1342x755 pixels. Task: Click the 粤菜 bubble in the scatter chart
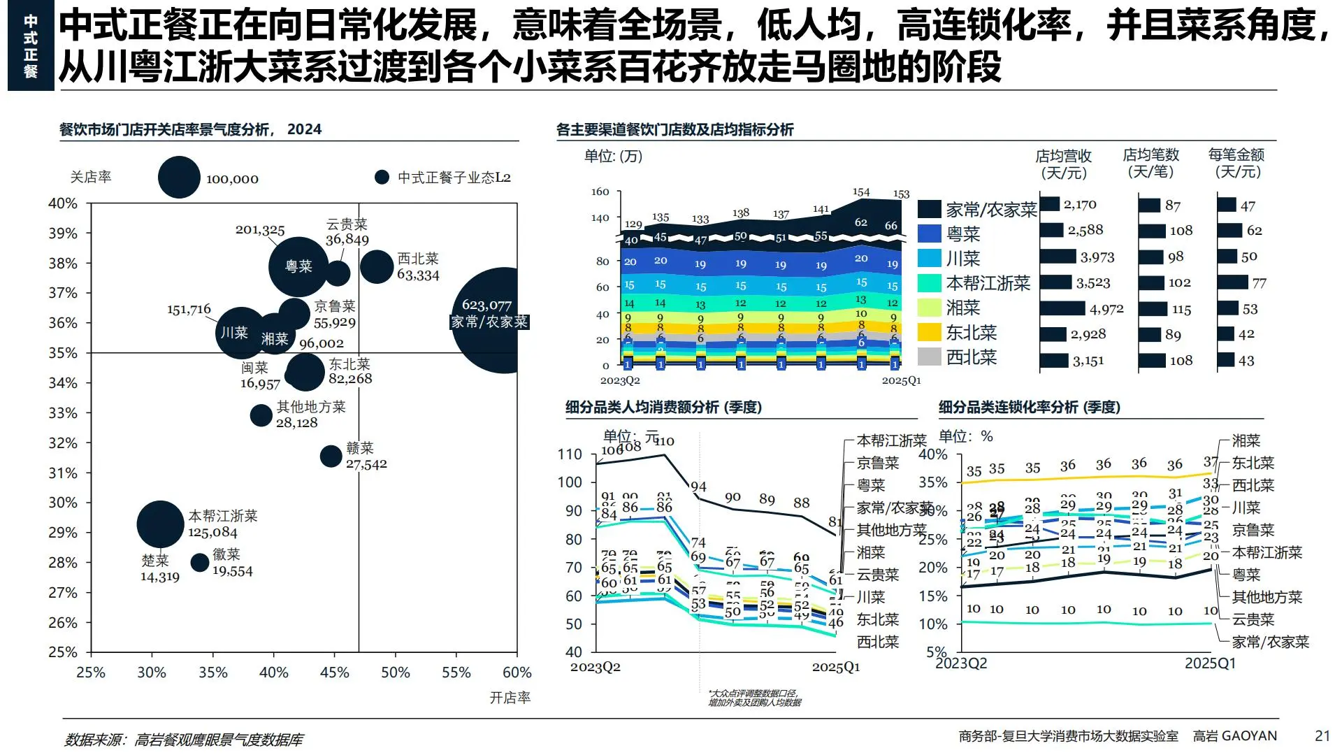click(298, 266)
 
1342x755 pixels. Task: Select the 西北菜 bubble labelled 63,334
click(377, 266)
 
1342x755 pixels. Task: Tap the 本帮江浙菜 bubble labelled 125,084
click(161, 524)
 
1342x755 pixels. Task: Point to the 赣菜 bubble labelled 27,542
click(331, 456)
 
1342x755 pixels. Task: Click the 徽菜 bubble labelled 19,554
click(200, 562)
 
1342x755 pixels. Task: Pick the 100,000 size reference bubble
click(179, 178)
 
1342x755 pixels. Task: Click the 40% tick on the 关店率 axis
click(63, 203)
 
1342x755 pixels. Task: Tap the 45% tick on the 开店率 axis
click(334, 673)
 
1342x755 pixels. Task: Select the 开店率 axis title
click(510, 698)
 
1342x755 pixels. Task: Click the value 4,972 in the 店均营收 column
click(1106, 309)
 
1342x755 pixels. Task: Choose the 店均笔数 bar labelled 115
click(1153, 309)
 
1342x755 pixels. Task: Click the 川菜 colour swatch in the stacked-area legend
click(929, 258)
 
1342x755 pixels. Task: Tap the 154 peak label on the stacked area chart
click(860, 192)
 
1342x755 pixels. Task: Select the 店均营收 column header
click(1063, 164)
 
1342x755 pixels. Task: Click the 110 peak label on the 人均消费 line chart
click(664, 441)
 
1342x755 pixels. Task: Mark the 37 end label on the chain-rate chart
click(1211, 462)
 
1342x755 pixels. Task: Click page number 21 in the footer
click(1322, 735)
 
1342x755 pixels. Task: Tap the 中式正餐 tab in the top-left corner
click(31, 46)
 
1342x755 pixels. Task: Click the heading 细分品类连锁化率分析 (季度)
click(1029, 407)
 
